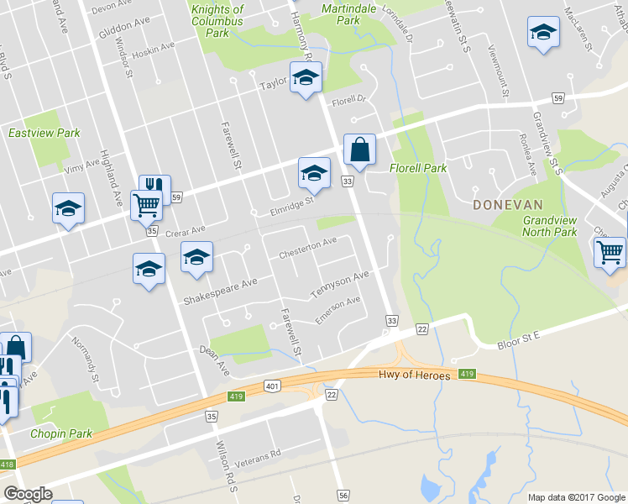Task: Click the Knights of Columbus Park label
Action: coord(217,21)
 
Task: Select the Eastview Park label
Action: coord(44,133)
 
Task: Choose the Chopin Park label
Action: coord(60,433)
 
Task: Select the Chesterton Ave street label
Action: coord(307,248)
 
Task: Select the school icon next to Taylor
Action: coord(306,78)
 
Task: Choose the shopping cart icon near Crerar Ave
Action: coord(146,204)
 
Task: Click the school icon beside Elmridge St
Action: coord(315,175)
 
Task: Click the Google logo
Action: coord(29,494)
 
